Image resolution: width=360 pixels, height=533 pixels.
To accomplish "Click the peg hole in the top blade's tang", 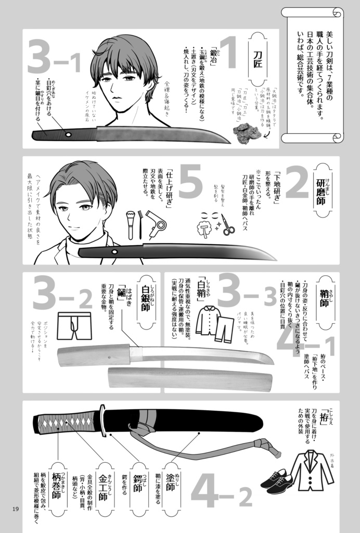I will tap(69, 134).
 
